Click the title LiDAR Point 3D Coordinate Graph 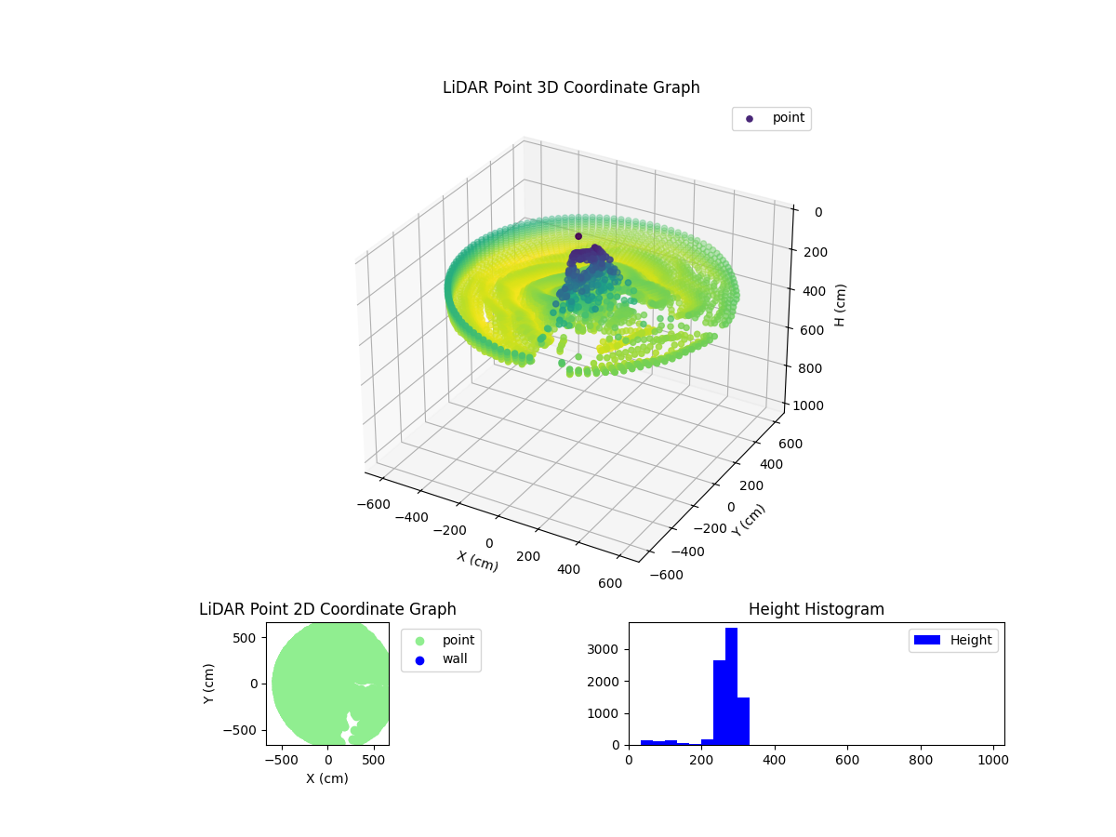pos(571,87)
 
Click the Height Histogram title pos(816,609)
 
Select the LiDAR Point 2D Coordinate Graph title pos(327,609)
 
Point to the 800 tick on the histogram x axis pos(920,760)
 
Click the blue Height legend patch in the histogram pos(927,640)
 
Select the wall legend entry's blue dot pos(419,660)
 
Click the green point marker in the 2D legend pos(419,641)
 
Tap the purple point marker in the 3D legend pos(750,119)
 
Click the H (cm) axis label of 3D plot pos(840,305)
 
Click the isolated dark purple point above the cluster pos(578,236)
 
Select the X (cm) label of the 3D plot pos(477,561)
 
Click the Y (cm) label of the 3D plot pos(749,520)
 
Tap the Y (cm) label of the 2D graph pos(209,684)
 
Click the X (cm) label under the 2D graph pos(327,778)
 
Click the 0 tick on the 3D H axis pos(817,212)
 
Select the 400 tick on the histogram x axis pos(775,760)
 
